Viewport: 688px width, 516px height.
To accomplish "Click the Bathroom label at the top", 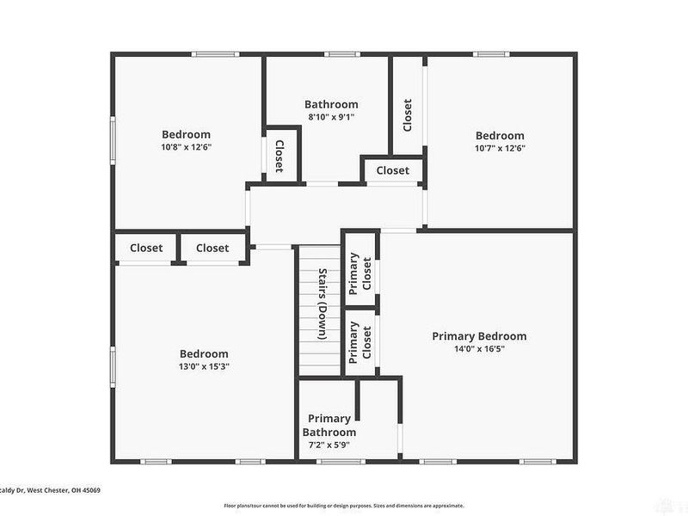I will [331, 104].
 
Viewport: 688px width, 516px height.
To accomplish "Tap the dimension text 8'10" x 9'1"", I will [331, 117].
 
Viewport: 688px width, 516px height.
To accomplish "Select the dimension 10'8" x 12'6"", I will [186, 147].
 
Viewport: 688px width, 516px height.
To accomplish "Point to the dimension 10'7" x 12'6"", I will [500, 148].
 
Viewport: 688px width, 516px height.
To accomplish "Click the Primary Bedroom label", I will [479, 336].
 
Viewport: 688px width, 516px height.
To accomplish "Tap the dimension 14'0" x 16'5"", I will [479, 349].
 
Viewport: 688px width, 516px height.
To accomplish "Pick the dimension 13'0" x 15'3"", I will [204, 366].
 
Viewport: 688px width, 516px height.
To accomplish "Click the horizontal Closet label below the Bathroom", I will [392, 170].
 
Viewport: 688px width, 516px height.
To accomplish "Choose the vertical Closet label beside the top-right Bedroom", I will [407, 114].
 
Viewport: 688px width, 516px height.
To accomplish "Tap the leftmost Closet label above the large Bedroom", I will [146, 248].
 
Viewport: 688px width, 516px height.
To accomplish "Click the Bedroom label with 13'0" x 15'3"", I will [204, 353].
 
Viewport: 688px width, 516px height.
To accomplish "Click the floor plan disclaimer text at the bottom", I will [344, 506].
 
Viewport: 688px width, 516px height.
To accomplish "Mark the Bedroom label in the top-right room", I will [500, 135].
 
